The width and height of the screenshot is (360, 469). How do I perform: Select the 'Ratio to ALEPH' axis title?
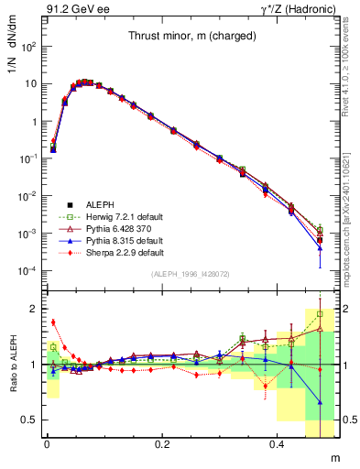[x=12, y=365]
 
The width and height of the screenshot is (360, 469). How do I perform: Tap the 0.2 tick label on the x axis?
[x=162, y=444]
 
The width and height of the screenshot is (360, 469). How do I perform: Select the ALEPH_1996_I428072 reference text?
[x=183, y=275]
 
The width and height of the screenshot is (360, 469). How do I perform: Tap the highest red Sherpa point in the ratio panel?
[x=53, y=322]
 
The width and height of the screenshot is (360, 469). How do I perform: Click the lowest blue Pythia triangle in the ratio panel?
[x=320, y=402]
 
